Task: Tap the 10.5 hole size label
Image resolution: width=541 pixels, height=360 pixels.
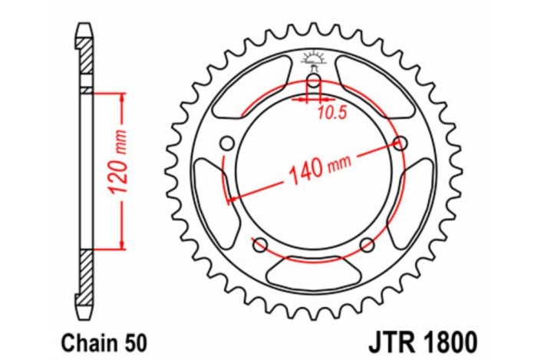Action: [332, 113]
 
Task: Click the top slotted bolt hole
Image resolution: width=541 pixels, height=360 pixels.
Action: [314, 82]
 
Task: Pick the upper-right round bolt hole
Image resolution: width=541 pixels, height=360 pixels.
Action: [401, 142]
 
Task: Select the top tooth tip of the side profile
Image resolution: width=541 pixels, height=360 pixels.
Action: [84, 28]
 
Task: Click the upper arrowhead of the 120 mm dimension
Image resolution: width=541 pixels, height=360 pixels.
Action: [120, 98]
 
